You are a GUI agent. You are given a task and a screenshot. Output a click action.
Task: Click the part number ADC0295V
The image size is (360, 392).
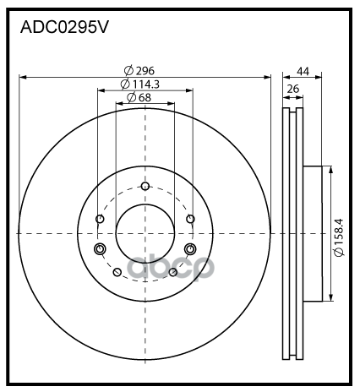[x=64, y=27]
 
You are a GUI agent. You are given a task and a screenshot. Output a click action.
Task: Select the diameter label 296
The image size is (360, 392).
[x=145, y=71]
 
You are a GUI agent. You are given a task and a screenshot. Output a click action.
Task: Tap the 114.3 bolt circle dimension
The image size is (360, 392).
[x=146, y=84]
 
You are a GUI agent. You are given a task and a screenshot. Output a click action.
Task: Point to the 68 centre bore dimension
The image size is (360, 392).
[x=145, y=97]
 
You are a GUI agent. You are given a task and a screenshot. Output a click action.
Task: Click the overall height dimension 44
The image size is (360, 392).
[x=303, y=72]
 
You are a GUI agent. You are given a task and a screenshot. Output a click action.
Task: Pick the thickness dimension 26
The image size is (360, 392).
[x=293, y=89]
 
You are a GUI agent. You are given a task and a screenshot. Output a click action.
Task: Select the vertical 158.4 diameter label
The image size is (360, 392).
[x=339, y=232]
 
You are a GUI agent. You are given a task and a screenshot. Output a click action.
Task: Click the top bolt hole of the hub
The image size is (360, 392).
[x=145, y=186]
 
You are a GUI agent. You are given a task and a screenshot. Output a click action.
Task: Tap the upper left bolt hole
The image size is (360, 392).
[x=100, y=219]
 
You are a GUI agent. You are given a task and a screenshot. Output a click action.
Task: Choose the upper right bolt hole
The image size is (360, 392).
[x=190, y=219]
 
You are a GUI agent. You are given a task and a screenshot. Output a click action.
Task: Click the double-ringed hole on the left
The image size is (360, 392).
[x=100, y=249]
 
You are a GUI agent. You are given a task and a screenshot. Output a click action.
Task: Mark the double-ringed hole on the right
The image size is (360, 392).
[x=190, y=249]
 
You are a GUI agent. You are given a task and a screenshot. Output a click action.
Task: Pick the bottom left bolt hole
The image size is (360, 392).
[x=117, y=272]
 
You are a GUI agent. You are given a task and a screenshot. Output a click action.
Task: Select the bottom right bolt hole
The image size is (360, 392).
[x=173, y=272]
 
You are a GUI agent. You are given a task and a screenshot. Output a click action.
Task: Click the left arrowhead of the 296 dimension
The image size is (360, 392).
[x=23, y=77]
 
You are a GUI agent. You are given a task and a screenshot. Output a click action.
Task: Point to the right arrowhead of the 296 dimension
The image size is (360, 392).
[x=267, y=77]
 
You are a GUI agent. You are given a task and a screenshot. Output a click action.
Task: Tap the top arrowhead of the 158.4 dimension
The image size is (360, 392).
[x=330, y=170]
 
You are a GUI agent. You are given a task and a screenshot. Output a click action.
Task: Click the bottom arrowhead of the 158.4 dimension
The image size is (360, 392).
[x=330, y=297]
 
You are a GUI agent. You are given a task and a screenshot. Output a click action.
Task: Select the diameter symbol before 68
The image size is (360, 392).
[x=131, y=97]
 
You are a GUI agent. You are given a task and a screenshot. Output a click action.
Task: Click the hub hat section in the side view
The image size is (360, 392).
[x=313, y=234]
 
